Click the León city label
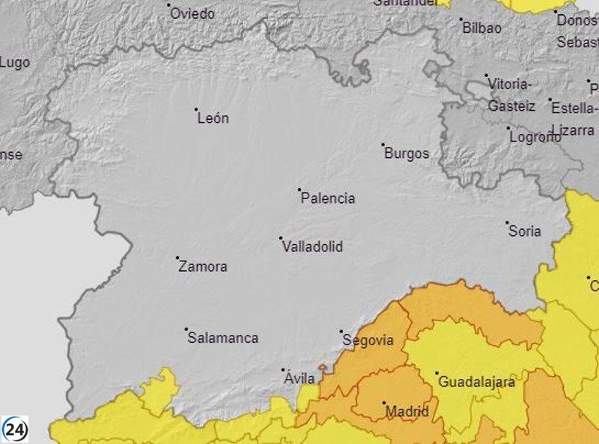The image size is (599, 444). (x=213, y=118)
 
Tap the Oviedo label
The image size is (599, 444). (x=192, y=14)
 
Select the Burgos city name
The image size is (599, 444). (x=407, y=153)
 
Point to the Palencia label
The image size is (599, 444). (x=328, y=198)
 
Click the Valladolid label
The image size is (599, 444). (x=312, y=246)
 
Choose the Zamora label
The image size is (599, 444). (x=203, y=267)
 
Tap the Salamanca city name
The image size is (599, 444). (x=222, y=338)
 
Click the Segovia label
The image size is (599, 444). (x=368, y=340)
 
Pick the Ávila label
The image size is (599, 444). (x=299, y=379)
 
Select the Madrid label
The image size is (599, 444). (x=408, y=411)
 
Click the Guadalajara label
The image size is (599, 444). (x=477, y=382)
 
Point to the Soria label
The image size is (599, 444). (x=525, y=231)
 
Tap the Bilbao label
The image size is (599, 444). (x=482, y=28)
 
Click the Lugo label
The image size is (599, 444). (x=15, y=63)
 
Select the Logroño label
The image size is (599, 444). (x=535, y=137)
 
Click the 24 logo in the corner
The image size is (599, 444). (x=15, y=428)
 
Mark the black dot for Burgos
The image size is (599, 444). (x=383, y=145)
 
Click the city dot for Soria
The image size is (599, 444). (x=507, y=222)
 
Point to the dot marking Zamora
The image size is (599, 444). (x=177, y=258)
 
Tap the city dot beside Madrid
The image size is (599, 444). (x=384, y=403)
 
